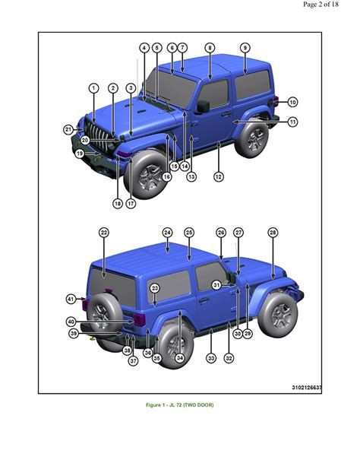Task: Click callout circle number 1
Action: coord(93,88)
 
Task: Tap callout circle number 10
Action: coord(292,102)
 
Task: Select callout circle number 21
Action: coord(68,130)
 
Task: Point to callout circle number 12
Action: coord(218,176)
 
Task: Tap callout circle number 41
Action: coord(71,299)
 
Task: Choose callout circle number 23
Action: coord(154,288)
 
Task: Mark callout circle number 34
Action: coord(179,357)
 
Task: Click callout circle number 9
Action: coord(245,47)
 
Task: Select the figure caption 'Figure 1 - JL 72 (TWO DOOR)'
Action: coord(180,405)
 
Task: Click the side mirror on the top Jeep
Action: coord(204,107)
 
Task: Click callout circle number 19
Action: coord(79,153)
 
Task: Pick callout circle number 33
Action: coord(210,357)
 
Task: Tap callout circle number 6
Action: coord(172,47)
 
